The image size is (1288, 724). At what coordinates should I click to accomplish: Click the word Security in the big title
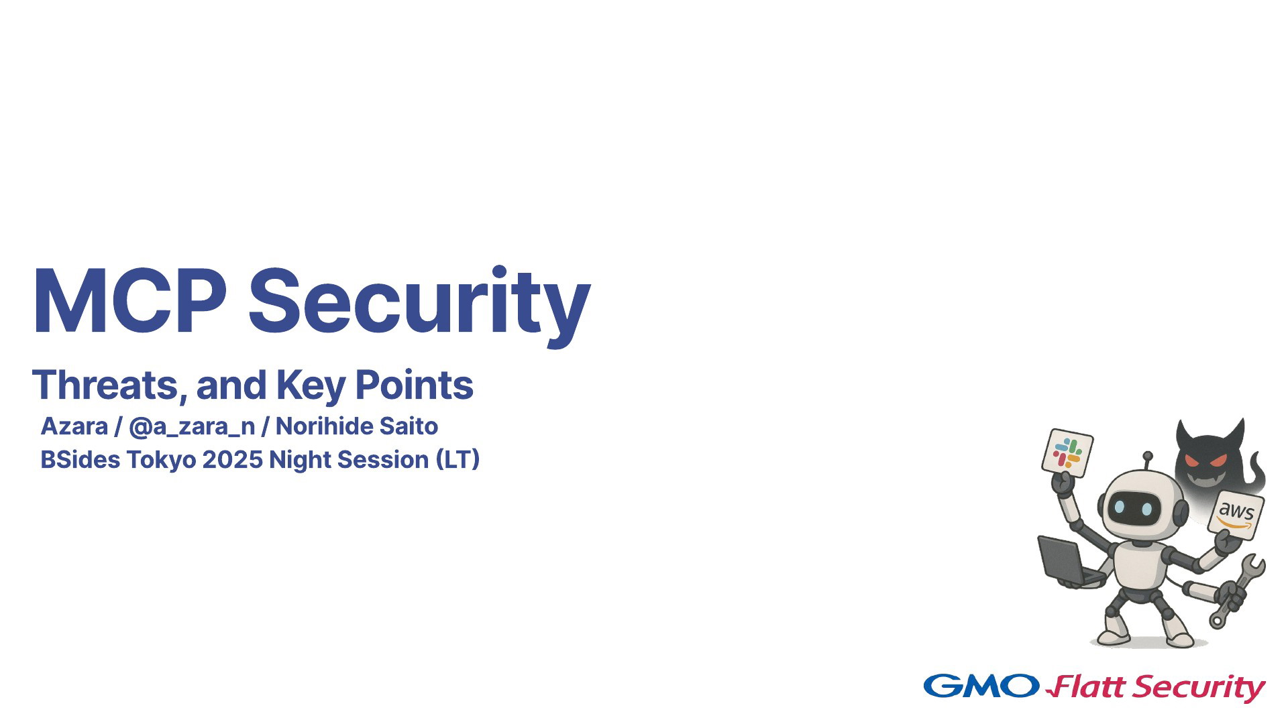pyautogui.click(x=420, y=306)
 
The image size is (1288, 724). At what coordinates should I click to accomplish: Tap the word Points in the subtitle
pyautogui.click(x=414, y=385)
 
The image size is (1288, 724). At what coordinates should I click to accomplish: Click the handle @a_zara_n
pyautogui.click(x=192, y=427)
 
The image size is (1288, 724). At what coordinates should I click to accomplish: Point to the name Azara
pyautogui.click(x=74, y=426)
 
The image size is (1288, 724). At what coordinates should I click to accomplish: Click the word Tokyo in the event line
pyautogui.click(x=161, y=460)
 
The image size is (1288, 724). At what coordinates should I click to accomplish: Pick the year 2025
pyautogui.click(x=232, y=460)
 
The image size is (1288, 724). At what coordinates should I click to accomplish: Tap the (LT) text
pyautogui.click(x=458, y=460)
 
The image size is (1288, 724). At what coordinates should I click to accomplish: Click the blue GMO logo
pyautogui.click(x=981, y=685)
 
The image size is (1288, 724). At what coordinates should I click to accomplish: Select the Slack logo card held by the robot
pyautogui.click(x=1067, y=452)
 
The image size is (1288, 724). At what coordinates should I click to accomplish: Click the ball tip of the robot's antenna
pyautogui.click(x=1148, y=456)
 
